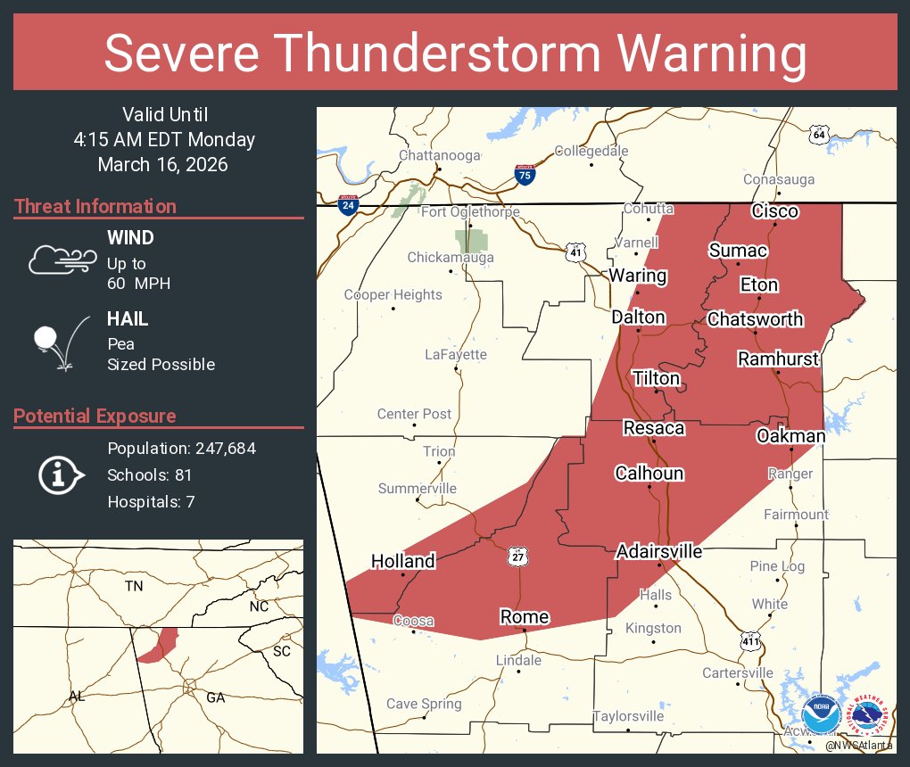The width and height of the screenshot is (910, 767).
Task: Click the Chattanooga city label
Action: pos(439,155)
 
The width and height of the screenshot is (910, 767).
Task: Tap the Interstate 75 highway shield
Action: pos(525,174)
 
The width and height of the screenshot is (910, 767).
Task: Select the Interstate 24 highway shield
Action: pos(349,205)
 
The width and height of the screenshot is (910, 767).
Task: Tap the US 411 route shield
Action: pos(749,640)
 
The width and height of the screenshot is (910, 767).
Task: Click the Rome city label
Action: pos(524,617)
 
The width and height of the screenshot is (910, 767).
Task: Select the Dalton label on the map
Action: pos(638,318)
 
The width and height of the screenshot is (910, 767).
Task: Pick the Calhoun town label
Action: pos(649,474)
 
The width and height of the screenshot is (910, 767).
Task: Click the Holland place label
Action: pos(403,561)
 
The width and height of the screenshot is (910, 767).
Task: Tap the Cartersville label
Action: pos(737,672)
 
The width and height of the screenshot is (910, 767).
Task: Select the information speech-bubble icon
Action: pos(61,475)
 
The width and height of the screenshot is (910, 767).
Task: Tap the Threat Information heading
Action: pos(95,207)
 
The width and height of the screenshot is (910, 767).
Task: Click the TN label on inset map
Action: pos(134,586)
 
